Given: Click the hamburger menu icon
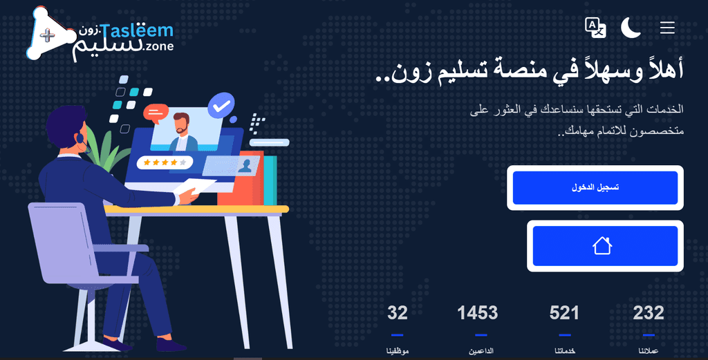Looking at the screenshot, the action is coord(667,28).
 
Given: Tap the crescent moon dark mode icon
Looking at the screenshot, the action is coord(631,28).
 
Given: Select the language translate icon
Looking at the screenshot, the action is coord(595,28).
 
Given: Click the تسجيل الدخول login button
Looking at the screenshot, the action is coord(595,188).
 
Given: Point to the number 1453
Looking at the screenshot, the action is coord(477,312).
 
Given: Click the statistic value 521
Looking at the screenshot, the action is coord(564,312).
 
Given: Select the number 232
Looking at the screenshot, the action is coord(649,312).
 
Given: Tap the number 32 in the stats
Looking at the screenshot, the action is coord(398,312).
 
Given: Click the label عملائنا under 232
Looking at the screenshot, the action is coord(649,350).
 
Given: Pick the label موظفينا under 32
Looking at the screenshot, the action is coord(398,350).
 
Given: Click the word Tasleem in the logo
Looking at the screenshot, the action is coord(136,30).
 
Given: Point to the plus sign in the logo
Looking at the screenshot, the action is coord(48,35).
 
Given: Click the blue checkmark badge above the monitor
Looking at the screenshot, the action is coord(221,105).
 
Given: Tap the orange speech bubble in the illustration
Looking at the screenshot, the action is coord(156,113).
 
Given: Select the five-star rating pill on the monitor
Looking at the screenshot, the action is coord(165,162).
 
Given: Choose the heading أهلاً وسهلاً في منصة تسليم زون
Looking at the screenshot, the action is coord(529,71).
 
